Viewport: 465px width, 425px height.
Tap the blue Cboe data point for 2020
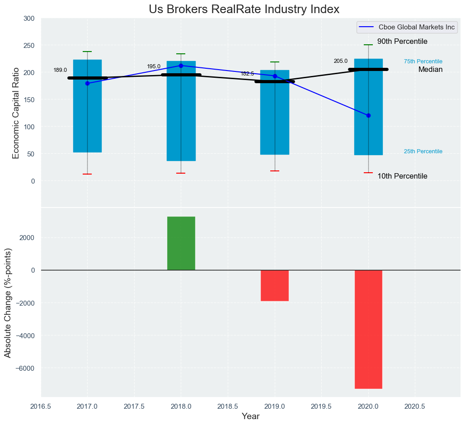(368, 115)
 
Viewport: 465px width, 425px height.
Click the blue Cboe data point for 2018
(181, 66)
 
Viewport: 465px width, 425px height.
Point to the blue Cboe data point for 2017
(87, 83)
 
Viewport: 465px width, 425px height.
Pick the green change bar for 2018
(181, 243)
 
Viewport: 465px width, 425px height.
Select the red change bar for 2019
(275, 285)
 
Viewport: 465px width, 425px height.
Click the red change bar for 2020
(368, 329)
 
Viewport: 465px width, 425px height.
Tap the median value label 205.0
(341, 61)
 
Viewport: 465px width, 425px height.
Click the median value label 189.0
(60, 70)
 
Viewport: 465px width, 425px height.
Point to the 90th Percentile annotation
(402, 42)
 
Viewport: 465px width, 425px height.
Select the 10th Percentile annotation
(402, 176)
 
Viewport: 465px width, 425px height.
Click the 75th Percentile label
(423, 61)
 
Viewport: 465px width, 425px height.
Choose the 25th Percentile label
(423, 151)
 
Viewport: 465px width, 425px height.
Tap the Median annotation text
(430, 70)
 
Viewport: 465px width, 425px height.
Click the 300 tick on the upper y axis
(28, 19)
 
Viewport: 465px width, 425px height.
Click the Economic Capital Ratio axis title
(16, 113)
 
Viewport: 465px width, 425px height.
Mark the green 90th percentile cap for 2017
(87, 52)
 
